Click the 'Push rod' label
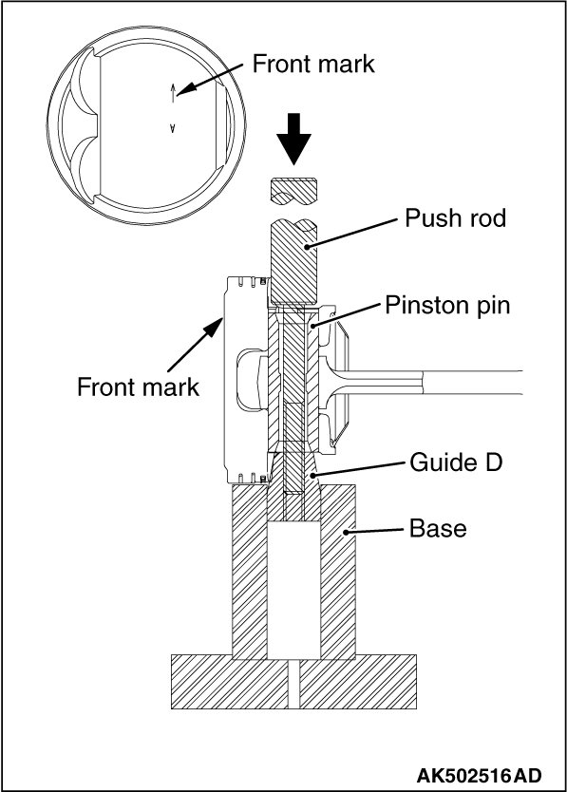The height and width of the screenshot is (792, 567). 455,218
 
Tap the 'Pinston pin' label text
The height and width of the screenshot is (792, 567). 447,305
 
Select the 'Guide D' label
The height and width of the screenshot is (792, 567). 456,462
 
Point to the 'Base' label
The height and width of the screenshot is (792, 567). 438,528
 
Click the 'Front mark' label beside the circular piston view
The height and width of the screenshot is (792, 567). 313,64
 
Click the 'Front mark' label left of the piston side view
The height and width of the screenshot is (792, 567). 138,387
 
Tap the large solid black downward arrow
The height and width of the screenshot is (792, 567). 293,139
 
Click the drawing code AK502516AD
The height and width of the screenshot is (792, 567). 479,775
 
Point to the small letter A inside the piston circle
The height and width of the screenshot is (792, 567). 172,128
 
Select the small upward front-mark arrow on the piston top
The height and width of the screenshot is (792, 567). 173,92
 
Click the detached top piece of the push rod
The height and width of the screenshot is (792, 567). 293,193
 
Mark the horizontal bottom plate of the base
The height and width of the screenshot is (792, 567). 293,682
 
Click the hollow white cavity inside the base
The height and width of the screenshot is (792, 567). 293,590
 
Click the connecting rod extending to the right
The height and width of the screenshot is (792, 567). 425,383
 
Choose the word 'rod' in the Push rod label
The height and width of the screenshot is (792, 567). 486,218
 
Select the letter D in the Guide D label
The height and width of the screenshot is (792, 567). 493,462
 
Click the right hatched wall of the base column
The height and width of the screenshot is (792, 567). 338,572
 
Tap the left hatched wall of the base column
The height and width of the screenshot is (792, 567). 249,572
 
